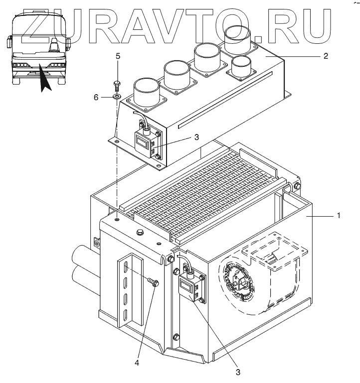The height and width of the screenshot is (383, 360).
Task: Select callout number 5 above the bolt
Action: tap(118, 56)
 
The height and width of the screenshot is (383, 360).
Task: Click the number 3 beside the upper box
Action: tap(196, 137)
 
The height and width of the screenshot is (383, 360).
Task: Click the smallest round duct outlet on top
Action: tap(242, 66)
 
